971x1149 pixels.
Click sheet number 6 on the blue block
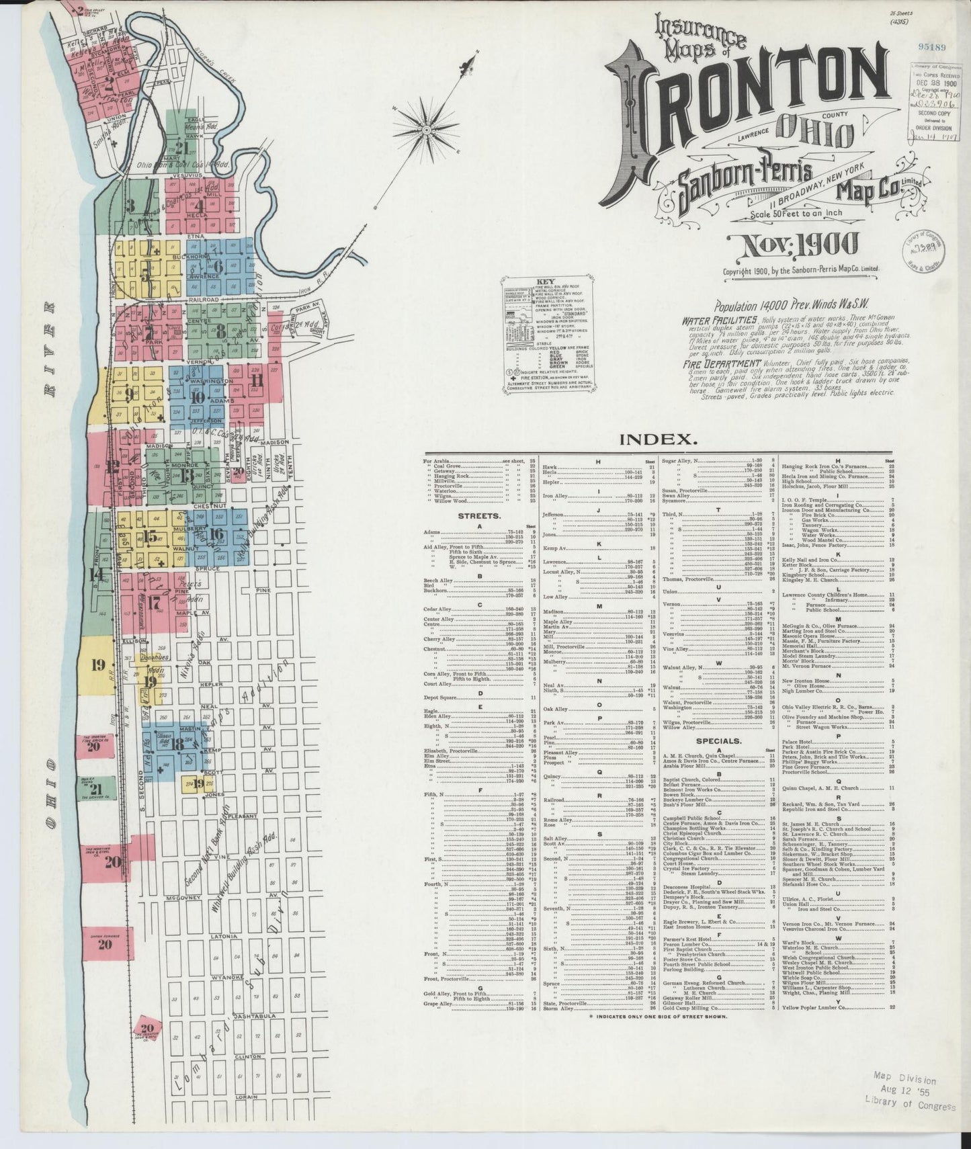point(217,265)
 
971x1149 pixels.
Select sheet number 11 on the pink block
point(256,380)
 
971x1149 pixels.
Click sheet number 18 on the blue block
point(177,743)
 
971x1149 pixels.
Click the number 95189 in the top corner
point(931,46)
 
